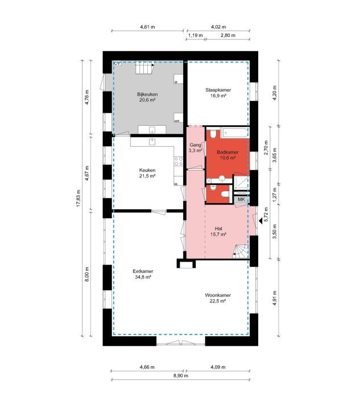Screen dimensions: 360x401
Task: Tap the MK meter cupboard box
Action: (241, 200)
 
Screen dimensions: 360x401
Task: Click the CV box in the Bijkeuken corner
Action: (117, 64)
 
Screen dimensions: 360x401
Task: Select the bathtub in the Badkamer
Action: (235, 132)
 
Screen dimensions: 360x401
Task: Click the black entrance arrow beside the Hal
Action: (260, 221)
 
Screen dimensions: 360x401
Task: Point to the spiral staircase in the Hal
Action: (241, 251)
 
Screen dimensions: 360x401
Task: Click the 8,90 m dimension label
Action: (180, 375)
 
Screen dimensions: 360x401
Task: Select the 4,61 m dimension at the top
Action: (147, 27)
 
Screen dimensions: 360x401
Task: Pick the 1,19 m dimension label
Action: (196, 35)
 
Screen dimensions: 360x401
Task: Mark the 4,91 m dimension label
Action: (275, 298)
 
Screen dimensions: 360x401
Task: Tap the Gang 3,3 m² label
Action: (195, 148)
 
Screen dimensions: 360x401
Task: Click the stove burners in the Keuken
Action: (179, 162)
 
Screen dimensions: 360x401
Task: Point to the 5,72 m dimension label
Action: (266, 214)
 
